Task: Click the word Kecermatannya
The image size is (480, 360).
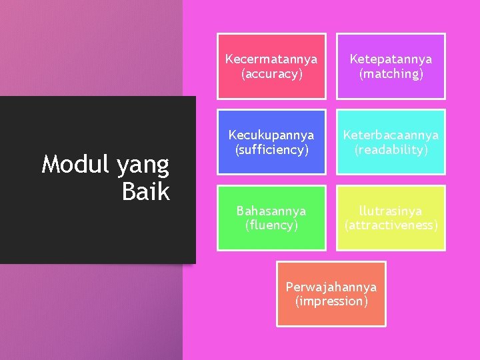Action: [271, 59]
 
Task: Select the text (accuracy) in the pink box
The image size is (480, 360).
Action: [271, 74]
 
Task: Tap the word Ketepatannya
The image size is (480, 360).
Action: [391, 59]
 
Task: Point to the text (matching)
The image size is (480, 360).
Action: [391, 74]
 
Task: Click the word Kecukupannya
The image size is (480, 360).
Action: [271, 135]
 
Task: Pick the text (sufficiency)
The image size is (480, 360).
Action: [271, 150]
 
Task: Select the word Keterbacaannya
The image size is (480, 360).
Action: [391, 135]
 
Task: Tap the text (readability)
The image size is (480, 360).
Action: [391, 150]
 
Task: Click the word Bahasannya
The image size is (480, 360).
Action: [271, 211]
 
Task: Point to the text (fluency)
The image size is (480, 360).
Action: [271, 225]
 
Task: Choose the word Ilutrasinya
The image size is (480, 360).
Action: [391, 211]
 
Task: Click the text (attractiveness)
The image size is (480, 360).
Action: [391, 225]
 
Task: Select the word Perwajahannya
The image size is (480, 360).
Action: [331, 287]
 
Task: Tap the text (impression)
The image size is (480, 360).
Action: [331, 301]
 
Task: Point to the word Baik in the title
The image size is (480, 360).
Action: [146, 192]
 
